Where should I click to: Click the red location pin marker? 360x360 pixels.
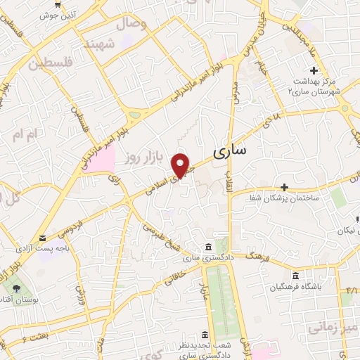coord(181,165)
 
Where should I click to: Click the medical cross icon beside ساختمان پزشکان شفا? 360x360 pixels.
coord(284,187)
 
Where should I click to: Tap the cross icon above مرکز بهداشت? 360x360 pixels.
coord(314,70)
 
